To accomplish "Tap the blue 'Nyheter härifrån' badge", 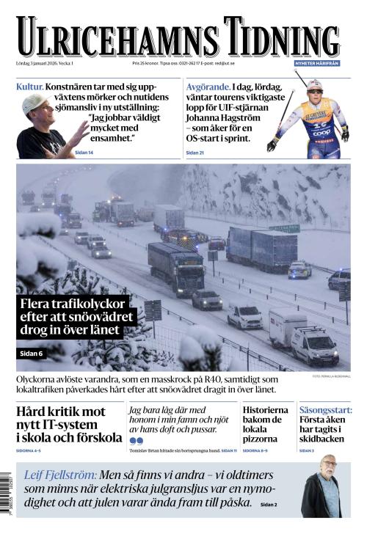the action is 316,64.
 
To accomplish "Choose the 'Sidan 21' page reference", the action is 195,153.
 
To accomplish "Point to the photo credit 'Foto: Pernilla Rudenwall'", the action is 331,376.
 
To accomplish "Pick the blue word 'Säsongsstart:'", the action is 325,410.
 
